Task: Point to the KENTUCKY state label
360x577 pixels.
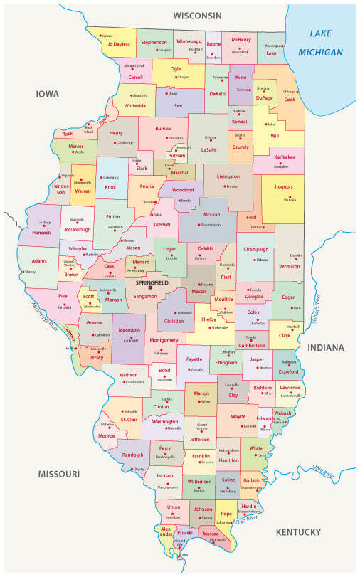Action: (x=300, y=532)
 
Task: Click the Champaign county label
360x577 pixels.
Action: (x=255, y=250)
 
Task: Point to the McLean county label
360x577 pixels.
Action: (x=212, y=214)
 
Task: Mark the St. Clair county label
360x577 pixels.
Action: (x=129, y=420)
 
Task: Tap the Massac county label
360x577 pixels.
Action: (x=211, y=533)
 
